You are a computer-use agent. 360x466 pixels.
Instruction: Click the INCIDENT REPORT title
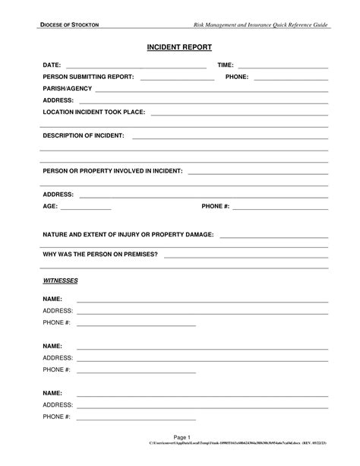click(x=179, y=47)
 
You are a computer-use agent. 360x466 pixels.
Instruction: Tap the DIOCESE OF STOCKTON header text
click(x=71, y=26)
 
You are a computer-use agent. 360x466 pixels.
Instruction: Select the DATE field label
click(x=52, y=66)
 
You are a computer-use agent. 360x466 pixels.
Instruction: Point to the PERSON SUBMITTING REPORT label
click(x=88, y=77)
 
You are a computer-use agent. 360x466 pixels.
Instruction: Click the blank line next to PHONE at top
click(x=291, y=78)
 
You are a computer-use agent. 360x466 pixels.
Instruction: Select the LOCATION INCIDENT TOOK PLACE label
click(x=93, y=112)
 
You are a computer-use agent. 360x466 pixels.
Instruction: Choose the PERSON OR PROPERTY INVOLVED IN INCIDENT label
click(x=112, y=171)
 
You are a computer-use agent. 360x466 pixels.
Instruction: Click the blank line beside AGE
click(x=85, y=208)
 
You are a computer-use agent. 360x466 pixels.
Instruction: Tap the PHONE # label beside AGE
click(x=215, y=206)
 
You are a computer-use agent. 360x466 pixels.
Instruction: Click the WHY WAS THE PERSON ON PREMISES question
click(x=100, y=253)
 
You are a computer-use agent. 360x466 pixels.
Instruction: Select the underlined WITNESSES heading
click(x=60, y=281)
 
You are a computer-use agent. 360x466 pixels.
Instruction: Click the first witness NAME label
click(x=52, y=300)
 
